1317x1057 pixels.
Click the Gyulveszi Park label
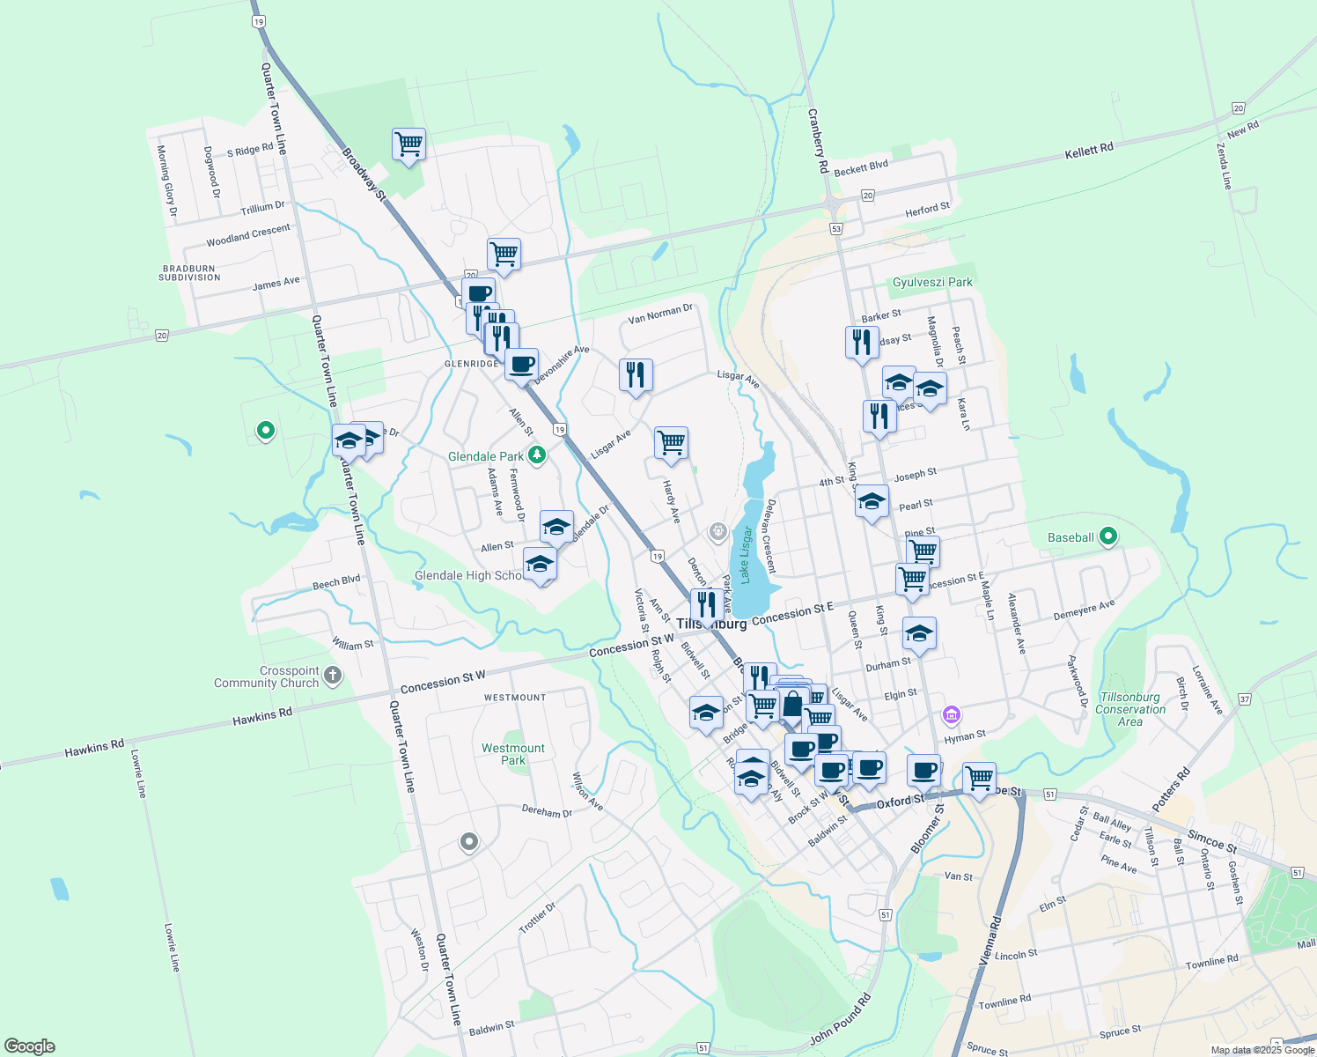[x=932, y=282]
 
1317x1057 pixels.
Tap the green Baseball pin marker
[x=1108, y=536]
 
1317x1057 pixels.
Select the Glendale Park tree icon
[x=537, y=455]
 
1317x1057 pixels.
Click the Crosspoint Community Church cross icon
[x=332, y=676]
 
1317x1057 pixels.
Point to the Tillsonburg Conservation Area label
[x=1130, y=709]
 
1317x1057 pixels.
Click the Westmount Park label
[x=513, y=754]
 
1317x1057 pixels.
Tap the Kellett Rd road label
[x=1089, y=151]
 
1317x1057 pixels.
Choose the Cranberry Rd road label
[x=818, y=140]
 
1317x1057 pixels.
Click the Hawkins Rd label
[x=262, y=717]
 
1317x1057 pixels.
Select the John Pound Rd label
[x=841, y=1019]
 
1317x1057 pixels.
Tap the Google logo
[x=30, y=1046]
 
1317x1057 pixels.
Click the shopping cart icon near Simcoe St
[x=979, y=778]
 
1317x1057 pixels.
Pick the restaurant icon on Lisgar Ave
[x=636, y=375]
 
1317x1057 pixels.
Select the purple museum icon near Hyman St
[x=951, y=714]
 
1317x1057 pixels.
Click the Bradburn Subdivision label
[x=189, y=273]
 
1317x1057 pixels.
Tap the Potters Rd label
[x=1171, y=790]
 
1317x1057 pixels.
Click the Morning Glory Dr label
[x=166, y=181]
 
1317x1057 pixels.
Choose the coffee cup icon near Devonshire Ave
[x=522, y=363]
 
